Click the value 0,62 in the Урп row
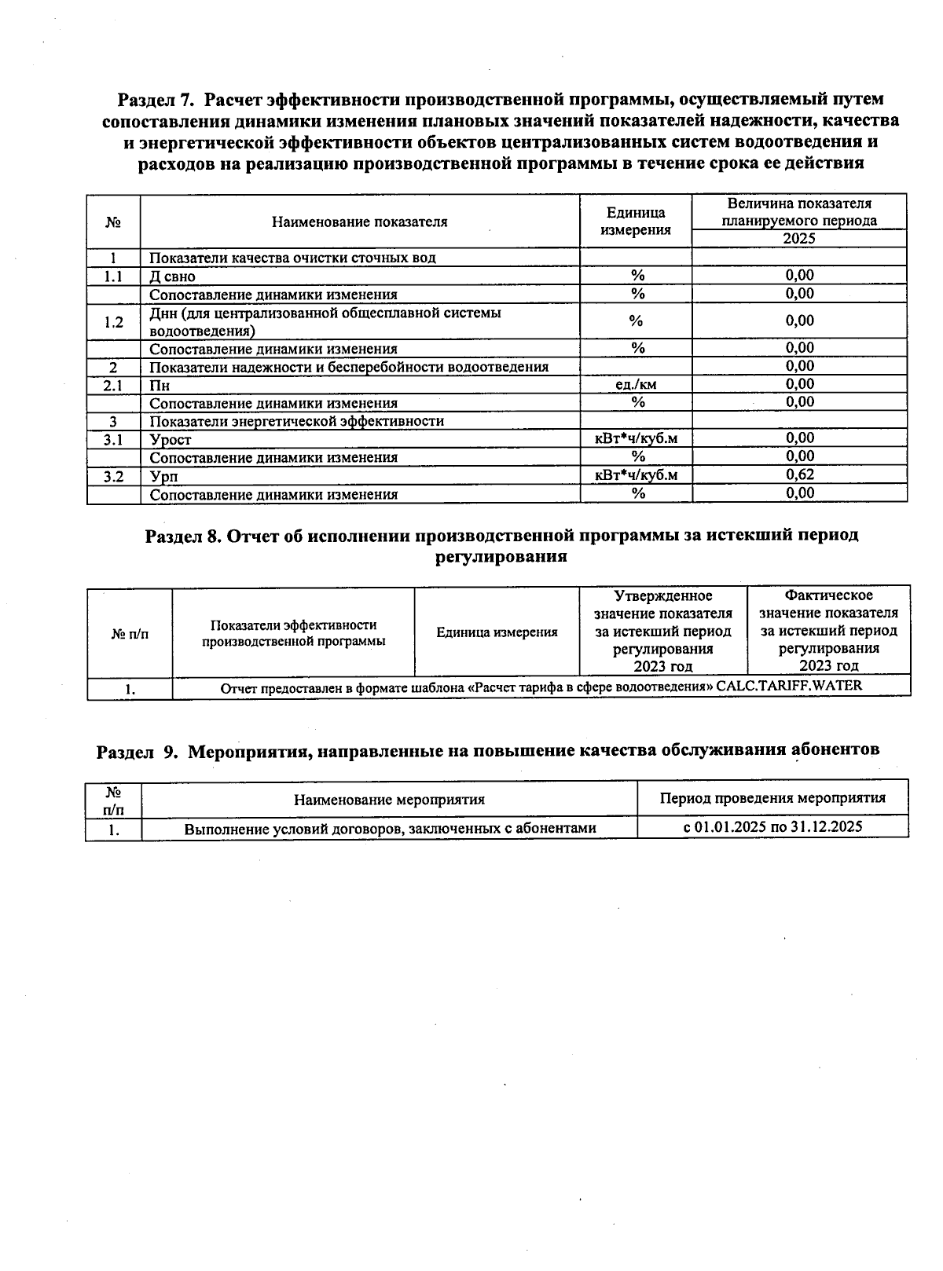click(799, 474)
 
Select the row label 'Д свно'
click(172, 277)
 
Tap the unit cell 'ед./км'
click(636, 384)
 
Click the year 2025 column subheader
click(799, 239)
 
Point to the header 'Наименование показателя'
click(360, 222)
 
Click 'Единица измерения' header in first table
click(636, 222)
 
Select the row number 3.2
click(113, 476)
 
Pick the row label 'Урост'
click(171, 440)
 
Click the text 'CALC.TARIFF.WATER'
click(789, 686)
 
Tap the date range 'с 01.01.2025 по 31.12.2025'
click(772, 826)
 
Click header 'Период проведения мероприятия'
click(772, 798)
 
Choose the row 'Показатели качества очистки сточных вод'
click(292, 258)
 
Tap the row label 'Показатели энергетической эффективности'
click(296, 421)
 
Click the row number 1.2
click(113, 322)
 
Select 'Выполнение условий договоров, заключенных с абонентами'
click(390, 828)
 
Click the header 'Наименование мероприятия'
click(389, 800)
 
